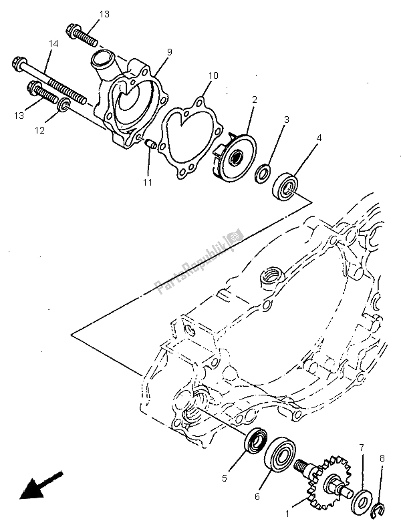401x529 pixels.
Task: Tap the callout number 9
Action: (x=169, y=51)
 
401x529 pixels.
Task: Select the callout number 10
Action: (x=212, y=76)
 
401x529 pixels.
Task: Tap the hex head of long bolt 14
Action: (x=17, y=65)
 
